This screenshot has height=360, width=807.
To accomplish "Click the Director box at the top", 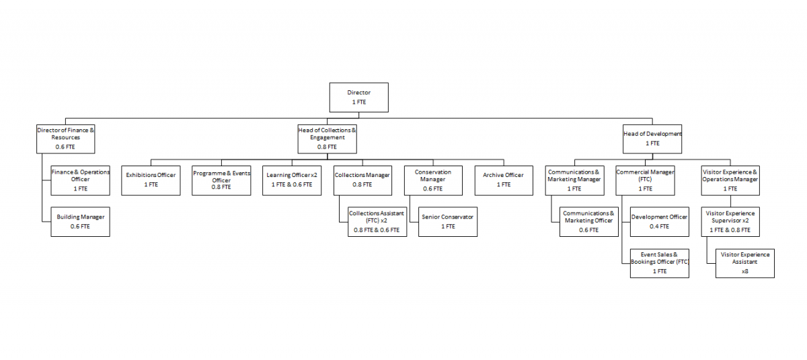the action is click(x=359, y=98).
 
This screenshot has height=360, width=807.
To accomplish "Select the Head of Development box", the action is click(x=652, y=139).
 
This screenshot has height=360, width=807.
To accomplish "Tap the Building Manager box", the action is click(x=80, y=221).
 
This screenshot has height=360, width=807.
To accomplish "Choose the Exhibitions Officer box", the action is click(x=151, y=180).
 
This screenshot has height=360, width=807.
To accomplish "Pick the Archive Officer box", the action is click(x=504, y=180).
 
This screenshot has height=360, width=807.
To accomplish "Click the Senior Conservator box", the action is click(x=448, y=221).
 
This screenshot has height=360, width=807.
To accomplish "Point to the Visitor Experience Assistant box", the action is click(x=745, y=263).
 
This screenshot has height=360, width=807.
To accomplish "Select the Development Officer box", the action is click(x=660, y=221).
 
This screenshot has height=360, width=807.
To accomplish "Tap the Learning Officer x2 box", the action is click(x=292, y=180).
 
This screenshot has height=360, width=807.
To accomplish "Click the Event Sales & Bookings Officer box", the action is click(x=660, y=263).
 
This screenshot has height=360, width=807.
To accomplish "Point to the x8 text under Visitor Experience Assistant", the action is click(x=745, y=271).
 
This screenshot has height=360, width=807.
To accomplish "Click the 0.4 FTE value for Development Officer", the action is click(x=659, y=226).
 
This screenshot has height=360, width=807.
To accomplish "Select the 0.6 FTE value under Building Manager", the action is click(x=80, y=226).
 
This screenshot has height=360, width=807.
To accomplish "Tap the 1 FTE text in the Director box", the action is click(x=359, y=102).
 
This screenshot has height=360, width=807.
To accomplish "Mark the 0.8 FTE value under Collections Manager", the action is click(x=362, y=184).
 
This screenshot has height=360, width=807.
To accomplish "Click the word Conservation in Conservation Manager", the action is click(x=432, y=172).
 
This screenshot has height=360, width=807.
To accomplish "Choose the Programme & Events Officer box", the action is click(x=221, y=180).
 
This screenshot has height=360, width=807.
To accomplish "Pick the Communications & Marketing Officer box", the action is click(x=589, y=221).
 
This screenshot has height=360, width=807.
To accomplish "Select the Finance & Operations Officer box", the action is click(x=80, y=180).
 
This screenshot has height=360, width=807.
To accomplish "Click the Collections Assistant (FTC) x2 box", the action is click(x=377, y=221).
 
